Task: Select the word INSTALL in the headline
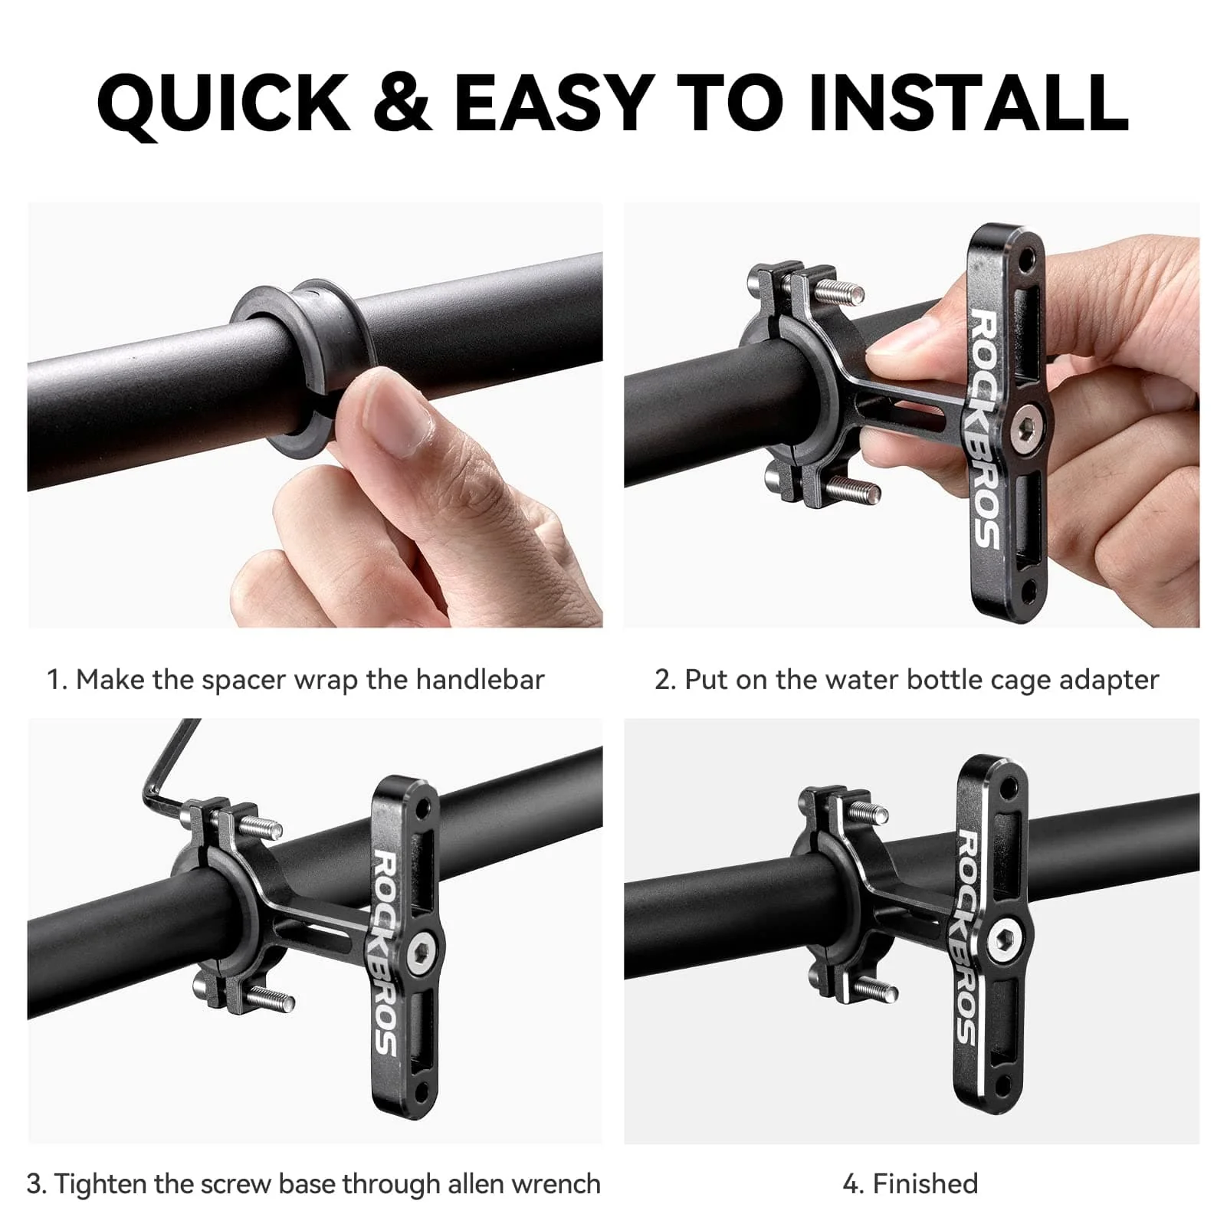click(x=968, y=103)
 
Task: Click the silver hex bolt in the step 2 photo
click(x=1024, y=424)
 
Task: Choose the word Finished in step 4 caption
click(x=925, y=1184)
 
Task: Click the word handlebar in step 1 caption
click(x=480, y=680)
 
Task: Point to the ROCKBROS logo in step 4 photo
click(x=966, y=939)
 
